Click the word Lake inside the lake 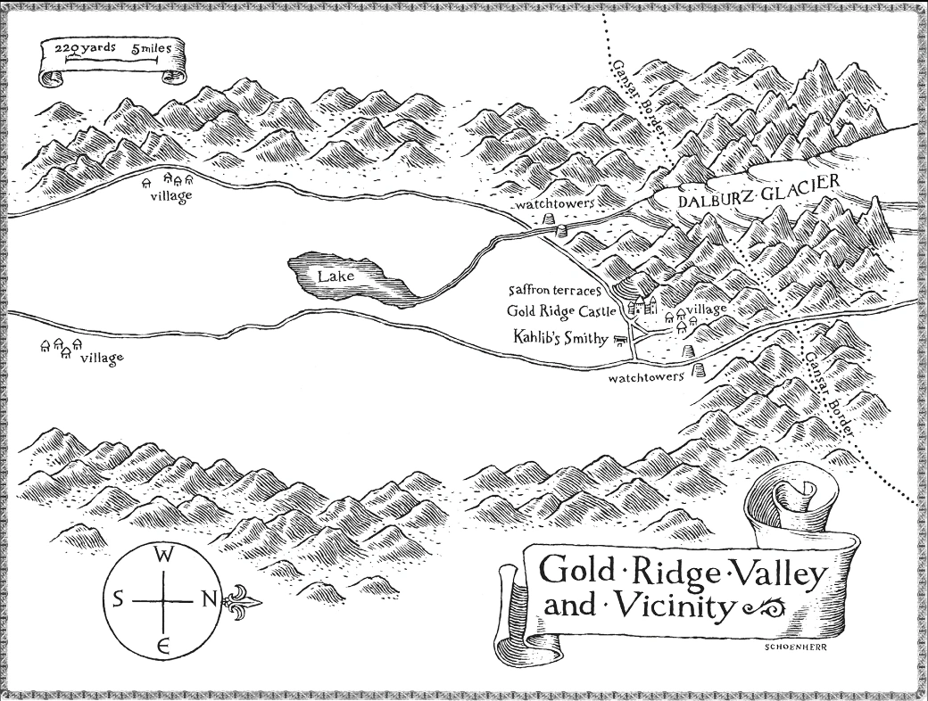click(336, 276)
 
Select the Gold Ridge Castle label click(561, 311)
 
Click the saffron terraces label click(558, 291)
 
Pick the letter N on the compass click(209, 599)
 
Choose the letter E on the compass click(164, 646)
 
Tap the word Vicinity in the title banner click(667, 608)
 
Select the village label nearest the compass click(101, 359)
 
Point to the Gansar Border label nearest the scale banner click(639, 98)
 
